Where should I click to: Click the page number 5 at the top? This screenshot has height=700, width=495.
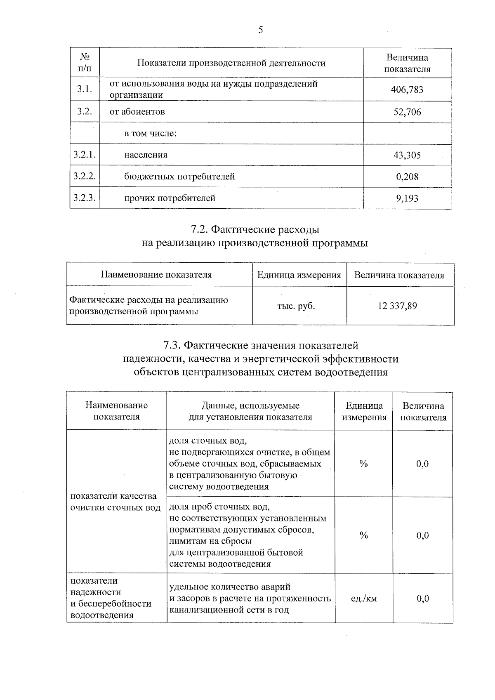tap(260, 30)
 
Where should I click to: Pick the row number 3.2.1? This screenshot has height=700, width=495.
tap(85, 155)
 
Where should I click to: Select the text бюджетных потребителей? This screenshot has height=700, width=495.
tap(179, 177)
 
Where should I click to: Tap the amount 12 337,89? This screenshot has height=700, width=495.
tap(397, 306)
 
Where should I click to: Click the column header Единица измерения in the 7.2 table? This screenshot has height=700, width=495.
tap(299, 275)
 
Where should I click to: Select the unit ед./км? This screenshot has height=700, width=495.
tap(363, 598)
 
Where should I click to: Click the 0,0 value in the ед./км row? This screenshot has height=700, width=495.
tap(422, 598)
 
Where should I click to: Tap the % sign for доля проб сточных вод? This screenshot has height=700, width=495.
tap(363, 535)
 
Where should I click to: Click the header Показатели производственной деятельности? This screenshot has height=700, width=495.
tap(231, 63)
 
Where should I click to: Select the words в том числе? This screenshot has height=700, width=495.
tap(151, 134)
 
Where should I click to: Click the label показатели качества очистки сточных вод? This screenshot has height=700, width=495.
tap(115, 501)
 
